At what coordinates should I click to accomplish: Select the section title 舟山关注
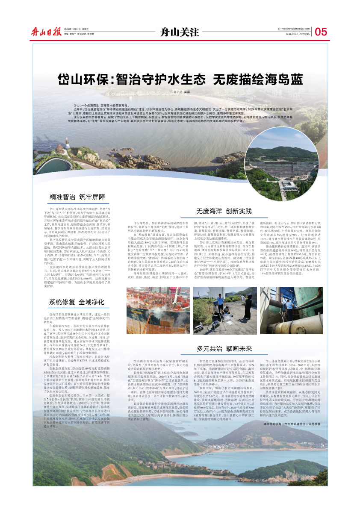click(180, 32)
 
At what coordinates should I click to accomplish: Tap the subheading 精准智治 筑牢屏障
click(77, 197)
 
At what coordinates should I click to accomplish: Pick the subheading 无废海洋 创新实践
click(224, 211)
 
